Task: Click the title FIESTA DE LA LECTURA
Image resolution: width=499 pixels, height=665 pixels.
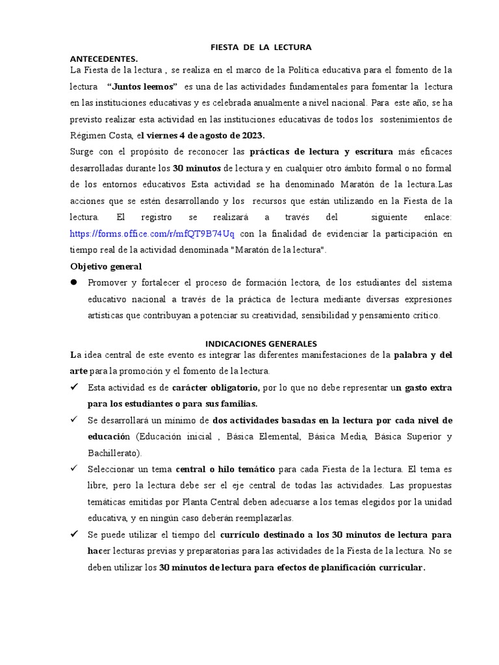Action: [262, 47]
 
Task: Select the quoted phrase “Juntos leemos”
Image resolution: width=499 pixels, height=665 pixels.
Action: [142, 86]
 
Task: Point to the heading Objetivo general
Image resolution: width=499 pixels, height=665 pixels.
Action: [106, 266]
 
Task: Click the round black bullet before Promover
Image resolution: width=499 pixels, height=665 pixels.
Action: [74, 282]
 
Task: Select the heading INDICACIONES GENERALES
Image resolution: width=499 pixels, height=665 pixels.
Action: [261, 344]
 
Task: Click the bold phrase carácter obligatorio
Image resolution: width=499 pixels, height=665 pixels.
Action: [216, 388]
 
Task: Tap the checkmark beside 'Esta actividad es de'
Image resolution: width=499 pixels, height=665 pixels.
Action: [74, 387]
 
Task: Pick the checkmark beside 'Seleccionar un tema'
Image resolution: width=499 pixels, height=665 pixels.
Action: [74, 469]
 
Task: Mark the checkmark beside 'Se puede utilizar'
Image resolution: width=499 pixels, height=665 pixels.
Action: [74, 534]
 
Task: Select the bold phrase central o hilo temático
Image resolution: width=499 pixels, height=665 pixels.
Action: [225, 469]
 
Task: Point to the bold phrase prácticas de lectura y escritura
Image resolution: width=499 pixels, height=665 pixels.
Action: [322, 151]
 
